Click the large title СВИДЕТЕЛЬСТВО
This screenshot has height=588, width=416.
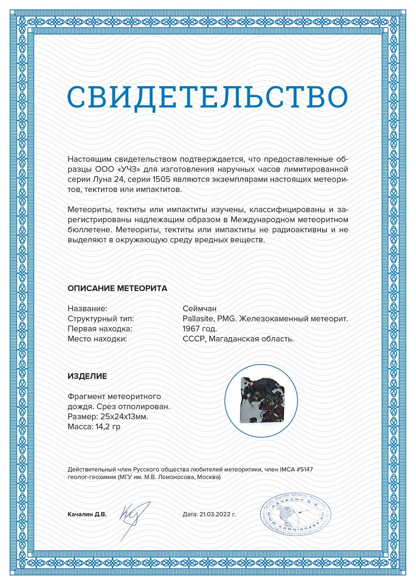point(207,97)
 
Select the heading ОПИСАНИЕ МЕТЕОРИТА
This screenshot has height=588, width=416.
point(117,289)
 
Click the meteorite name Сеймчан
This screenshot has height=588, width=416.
point(200,309)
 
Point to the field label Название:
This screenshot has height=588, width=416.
point(87,309)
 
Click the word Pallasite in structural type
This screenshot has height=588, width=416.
point(198,319)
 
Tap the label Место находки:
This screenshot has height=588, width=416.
point(97,339)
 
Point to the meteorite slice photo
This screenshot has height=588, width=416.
point(261,401)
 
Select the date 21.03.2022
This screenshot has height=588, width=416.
point(215,514)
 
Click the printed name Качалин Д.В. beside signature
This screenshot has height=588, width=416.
point(87,514)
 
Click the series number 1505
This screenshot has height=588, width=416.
point(160,180)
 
